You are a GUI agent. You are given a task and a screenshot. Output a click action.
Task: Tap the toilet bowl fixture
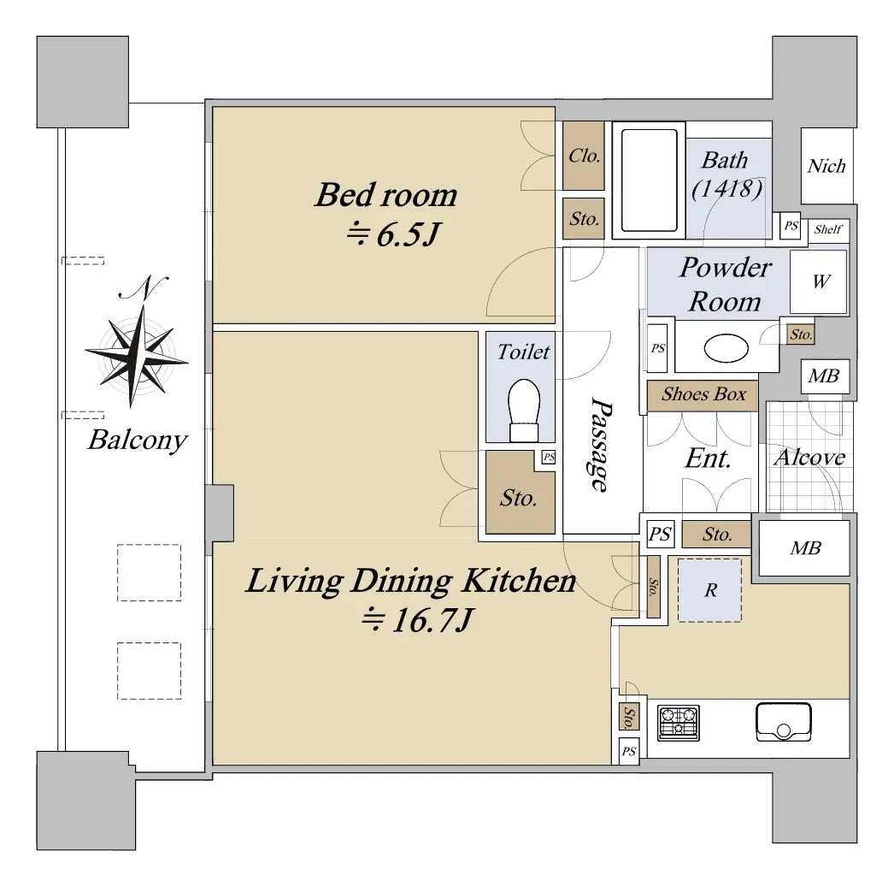[523, 411]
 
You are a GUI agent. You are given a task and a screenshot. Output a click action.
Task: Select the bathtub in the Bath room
[649, 180]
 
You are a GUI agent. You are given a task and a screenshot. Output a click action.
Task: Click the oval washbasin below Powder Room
[726, 347]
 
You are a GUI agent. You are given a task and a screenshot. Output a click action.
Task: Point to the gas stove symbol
[679, 723]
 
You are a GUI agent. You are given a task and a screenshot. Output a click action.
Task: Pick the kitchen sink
[784, 722]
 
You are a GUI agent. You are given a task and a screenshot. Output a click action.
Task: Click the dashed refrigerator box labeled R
[710, 590]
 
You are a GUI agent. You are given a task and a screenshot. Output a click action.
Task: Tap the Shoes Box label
[703, 394]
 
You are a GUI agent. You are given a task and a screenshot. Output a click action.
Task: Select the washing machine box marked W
[818, 281]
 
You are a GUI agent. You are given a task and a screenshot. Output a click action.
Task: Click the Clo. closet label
[585, 156]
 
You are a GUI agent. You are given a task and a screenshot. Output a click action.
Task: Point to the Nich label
[826, 166]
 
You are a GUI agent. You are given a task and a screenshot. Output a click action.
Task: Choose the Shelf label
[828, 229]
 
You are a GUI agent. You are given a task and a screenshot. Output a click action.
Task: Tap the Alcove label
[809, 457]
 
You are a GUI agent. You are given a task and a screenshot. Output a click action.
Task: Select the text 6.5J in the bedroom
[409, 234]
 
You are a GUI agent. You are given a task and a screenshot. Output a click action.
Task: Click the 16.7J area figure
[432, 620]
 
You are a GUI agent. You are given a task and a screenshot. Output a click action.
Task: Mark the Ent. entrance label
[708, 458]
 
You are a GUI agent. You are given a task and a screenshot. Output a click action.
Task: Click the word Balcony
[138, 440]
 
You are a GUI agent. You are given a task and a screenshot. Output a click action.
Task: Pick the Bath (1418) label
[726, 174]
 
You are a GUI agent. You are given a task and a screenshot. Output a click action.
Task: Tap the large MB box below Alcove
[804, 548]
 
